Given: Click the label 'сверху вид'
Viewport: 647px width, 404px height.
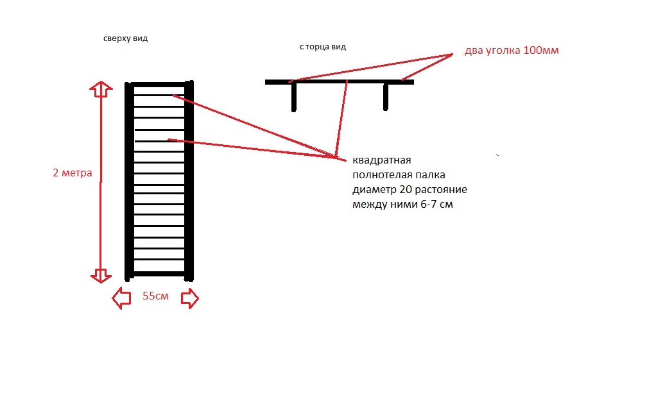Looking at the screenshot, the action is tap(125, 38).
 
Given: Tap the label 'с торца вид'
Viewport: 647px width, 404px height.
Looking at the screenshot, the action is tap(323, 47).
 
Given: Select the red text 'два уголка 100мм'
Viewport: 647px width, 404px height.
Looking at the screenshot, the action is tap(512, 51).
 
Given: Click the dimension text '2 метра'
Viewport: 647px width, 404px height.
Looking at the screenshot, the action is tap(72, 173).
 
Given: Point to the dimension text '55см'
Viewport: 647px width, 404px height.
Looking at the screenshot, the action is tap(155, 296).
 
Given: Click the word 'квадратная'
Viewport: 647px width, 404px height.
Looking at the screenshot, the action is tap(382, 160).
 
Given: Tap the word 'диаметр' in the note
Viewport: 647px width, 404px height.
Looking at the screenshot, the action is tap(374, 190).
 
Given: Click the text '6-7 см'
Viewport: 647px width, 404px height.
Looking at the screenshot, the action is tap(436, 205).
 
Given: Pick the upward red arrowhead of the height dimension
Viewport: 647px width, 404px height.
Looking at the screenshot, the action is tap(101, 89).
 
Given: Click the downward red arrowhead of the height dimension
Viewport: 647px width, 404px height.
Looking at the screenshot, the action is tap(101, 275).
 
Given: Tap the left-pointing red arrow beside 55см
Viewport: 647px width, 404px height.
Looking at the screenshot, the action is tap(121, 298).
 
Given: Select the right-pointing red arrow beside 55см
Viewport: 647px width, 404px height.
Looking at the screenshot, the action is tap(190, 298).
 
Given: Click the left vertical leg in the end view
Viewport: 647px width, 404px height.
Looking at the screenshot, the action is tap(294, 97).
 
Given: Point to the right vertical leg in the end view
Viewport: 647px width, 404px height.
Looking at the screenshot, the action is tap(385, 97).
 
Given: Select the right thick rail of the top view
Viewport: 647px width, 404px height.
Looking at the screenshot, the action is tap(189, 181).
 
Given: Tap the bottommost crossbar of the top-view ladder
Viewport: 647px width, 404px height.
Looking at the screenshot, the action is tap(159, 274).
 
